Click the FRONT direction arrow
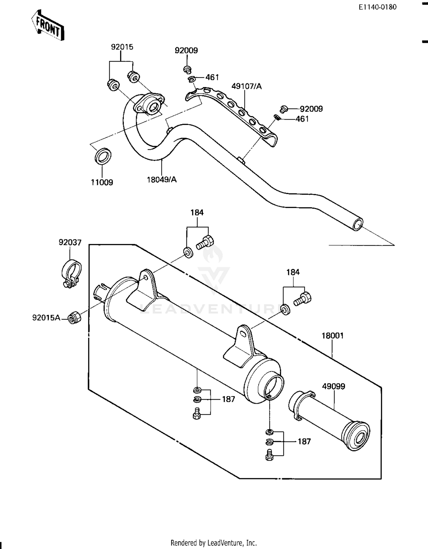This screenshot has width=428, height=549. (48, 26)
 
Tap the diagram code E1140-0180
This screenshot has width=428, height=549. (377, 7)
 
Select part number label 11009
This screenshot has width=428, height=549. (102, 182)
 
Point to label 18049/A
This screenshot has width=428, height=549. (161, 179)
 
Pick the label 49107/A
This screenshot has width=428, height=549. (246, 86)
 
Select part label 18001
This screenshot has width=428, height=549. (332, 336)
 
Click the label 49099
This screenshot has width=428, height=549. (333, 386)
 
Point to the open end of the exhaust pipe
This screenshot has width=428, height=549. (358, 225)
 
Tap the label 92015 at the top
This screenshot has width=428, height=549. (122, 47)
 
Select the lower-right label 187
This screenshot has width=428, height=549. (304, 441)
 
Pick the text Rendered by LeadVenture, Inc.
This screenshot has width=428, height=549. (213, 542)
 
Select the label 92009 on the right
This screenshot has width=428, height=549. (311, 109)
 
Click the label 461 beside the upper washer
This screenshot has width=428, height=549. (212, 77)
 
